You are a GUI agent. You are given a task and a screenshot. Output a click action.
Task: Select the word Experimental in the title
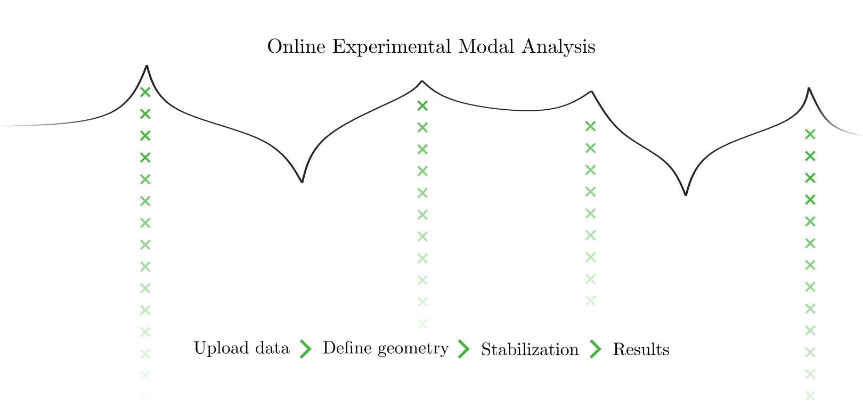392,47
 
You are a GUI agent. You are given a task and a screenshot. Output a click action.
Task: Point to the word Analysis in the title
559,47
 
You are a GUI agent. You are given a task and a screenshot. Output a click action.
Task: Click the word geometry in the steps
413,349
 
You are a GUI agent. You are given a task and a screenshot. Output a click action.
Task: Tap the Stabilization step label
530,349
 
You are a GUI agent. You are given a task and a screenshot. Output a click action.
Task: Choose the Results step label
641,349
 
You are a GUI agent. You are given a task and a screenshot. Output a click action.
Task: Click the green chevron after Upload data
306,349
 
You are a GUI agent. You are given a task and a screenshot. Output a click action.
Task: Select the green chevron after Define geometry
464,349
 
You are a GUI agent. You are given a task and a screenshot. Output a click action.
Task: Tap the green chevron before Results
596,349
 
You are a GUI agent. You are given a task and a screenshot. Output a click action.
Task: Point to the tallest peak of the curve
147,66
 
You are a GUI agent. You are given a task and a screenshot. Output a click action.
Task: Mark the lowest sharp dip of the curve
686,194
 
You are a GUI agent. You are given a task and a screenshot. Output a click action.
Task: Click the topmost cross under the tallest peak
145,92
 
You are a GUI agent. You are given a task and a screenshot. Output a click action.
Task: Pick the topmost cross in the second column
422,105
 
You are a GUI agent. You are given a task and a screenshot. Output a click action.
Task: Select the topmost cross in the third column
591,126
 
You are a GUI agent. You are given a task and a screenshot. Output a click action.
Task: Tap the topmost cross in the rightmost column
810,134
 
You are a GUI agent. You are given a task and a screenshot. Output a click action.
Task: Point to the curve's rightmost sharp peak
809,88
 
